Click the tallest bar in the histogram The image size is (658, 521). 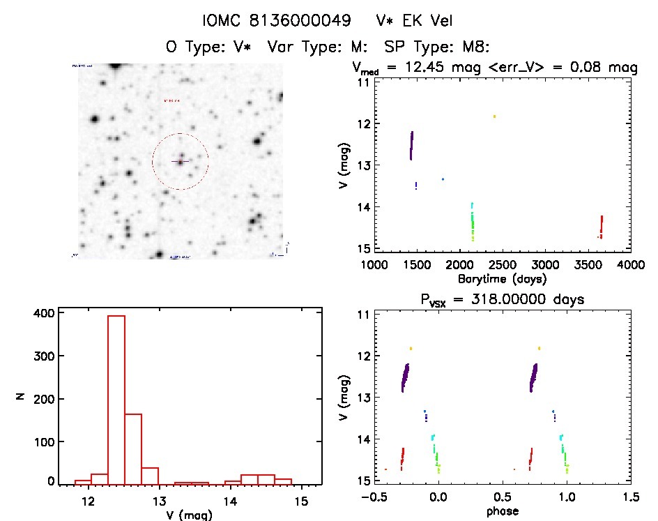(x=116, y=398)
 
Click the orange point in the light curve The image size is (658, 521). (x=494, y=116)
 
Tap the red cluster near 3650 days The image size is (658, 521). (x=601, y=227)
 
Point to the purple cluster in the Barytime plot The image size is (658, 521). (x=411, y=146)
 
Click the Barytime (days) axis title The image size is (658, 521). (x=502, y=278)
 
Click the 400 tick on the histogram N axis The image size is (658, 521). (x=43, y=313)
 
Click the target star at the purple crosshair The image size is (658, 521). (x=180, y=162)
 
